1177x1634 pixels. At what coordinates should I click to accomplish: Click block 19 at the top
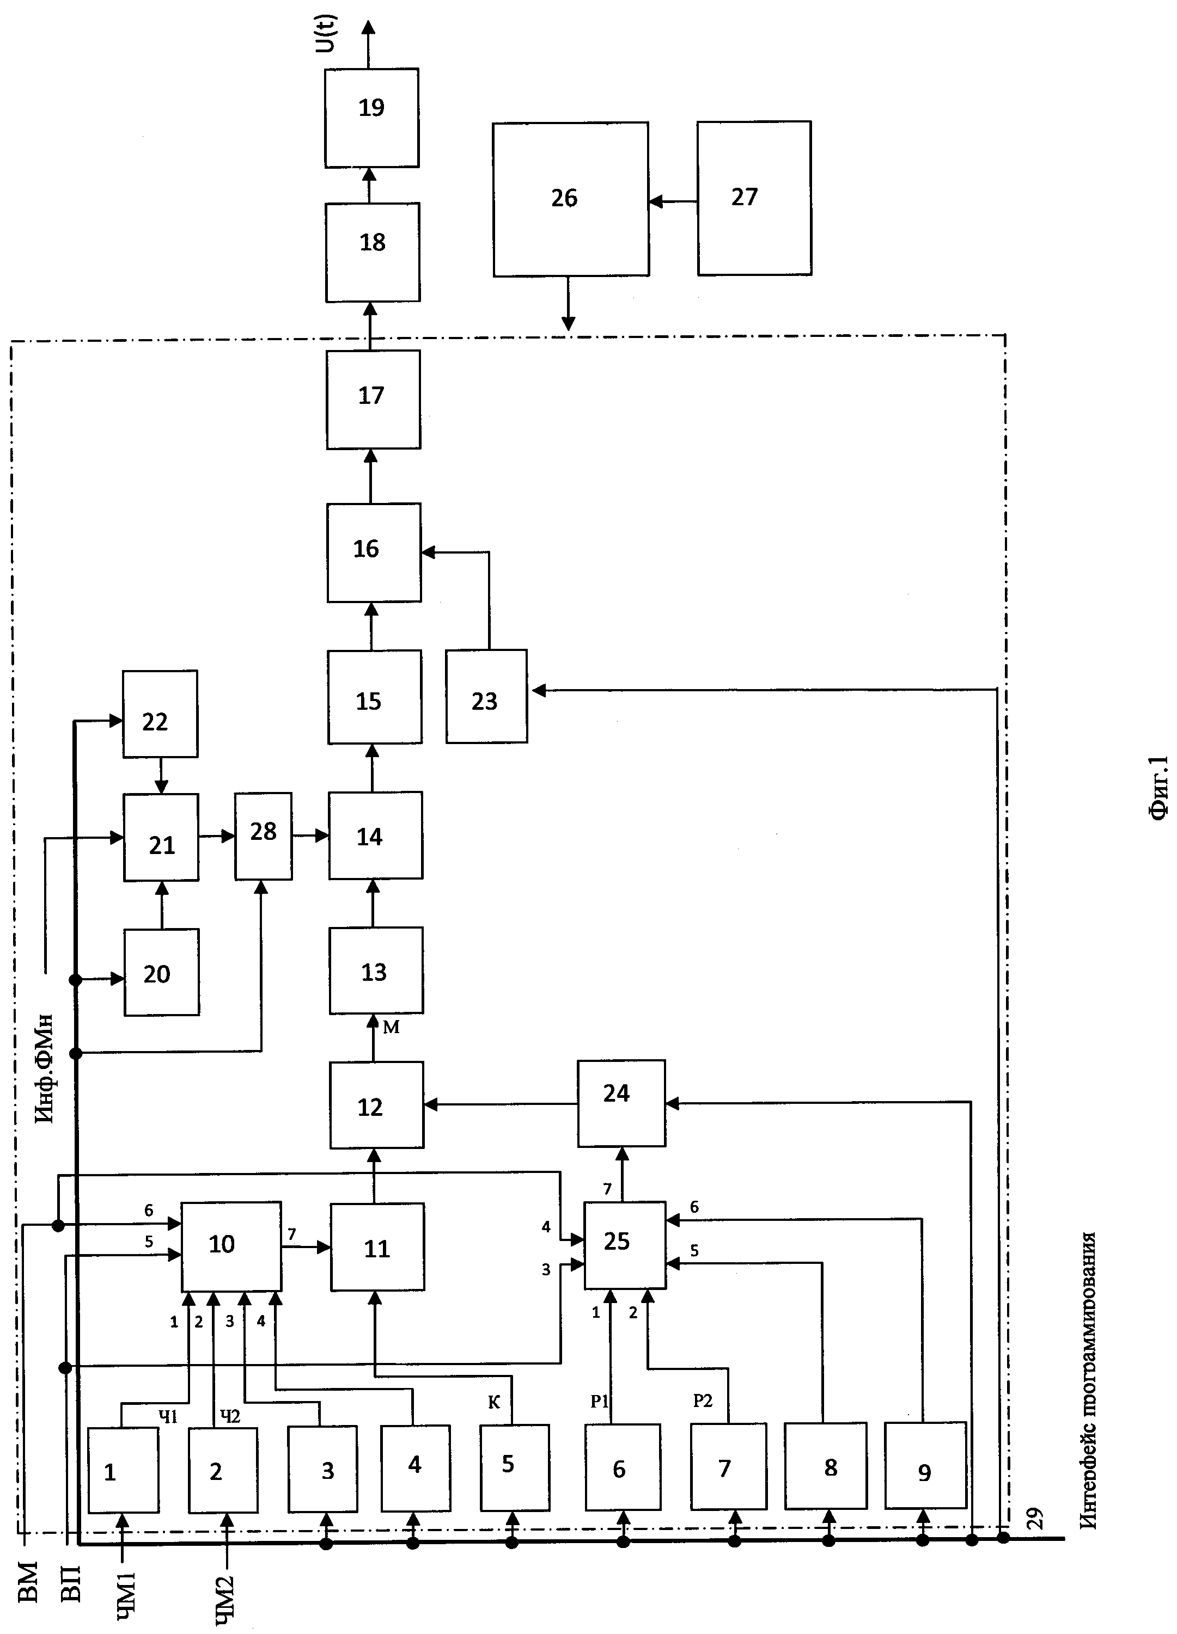pos(371,118)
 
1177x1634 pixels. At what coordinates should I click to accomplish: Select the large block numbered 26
pos(570,199)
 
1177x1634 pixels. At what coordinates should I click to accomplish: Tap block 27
pos(753,198)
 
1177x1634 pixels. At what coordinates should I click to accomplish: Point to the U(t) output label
pos(327,33)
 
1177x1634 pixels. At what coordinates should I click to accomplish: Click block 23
pos(486,696)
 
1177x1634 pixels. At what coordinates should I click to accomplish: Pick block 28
pos(263,836)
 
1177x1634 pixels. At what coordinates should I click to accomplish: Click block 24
pos(620,1103)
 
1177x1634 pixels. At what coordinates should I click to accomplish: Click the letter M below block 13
pos(391,1028)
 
